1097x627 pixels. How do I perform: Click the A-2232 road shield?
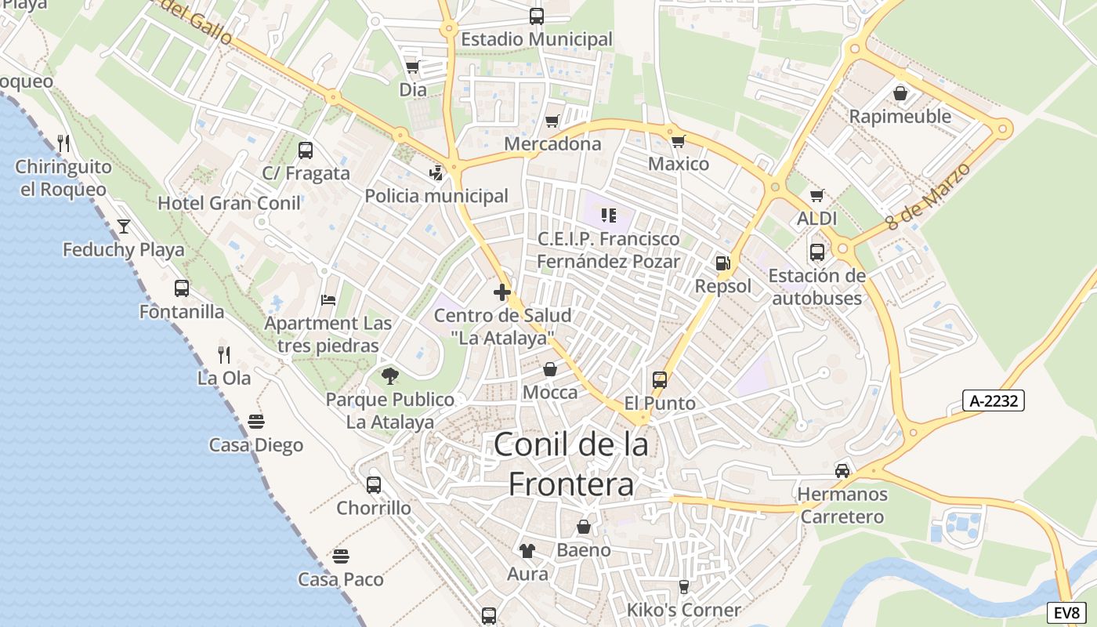coord(994,400)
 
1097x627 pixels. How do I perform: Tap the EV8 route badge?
coord(1066,613)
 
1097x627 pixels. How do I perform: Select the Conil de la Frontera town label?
coord(571,465)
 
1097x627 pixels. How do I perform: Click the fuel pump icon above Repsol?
coord(722,263)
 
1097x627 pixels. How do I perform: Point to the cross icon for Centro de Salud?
coord(502,292)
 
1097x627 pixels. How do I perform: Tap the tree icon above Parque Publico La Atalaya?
coord(390,376)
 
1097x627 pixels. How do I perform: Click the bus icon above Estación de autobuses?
coord(816,252)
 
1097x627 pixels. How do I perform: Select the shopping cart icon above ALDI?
coord(816,195)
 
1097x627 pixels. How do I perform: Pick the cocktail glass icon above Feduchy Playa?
coord(124,227)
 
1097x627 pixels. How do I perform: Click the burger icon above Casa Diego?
coord(256,422)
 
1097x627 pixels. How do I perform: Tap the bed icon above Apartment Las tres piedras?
coord(329,300)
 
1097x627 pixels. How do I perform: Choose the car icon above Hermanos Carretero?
coord(842,470)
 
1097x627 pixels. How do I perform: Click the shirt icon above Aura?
coord(527,551)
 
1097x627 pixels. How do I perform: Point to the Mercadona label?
coord(552,143)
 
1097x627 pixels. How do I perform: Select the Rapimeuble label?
coord(900,117)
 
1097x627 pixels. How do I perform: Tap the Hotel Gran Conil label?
coord(229,203)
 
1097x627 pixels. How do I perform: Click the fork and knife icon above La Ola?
coord(224,354)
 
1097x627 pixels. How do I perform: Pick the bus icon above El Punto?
coord(660,380)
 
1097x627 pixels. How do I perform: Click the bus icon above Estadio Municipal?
coord(537,16)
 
